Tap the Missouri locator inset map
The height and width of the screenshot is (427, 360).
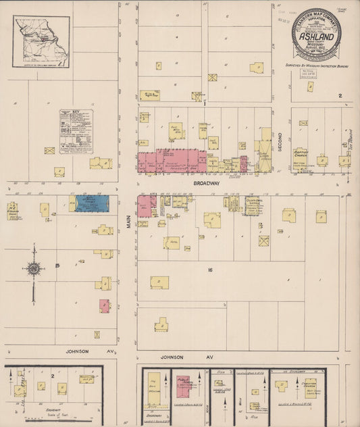click(41, 42)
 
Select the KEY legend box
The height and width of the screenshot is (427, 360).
click(76, 130)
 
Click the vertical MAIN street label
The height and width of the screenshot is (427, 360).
click(128, 216)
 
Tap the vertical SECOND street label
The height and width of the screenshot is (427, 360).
click(280, 141)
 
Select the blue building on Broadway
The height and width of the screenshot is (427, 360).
click(92, 203)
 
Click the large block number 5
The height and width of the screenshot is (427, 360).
click(57, 266)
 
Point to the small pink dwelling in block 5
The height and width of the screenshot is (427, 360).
click(105, 305)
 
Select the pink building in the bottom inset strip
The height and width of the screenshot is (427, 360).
click(182, 386)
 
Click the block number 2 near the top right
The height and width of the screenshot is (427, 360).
click(340, 96)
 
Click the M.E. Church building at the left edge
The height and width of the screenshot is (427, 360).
click(13, 210)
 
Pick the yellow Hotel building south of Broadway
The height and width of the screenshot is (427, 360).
click(172, 243)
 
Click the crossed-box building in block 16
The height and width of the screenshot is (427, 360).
click(263, 241)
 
